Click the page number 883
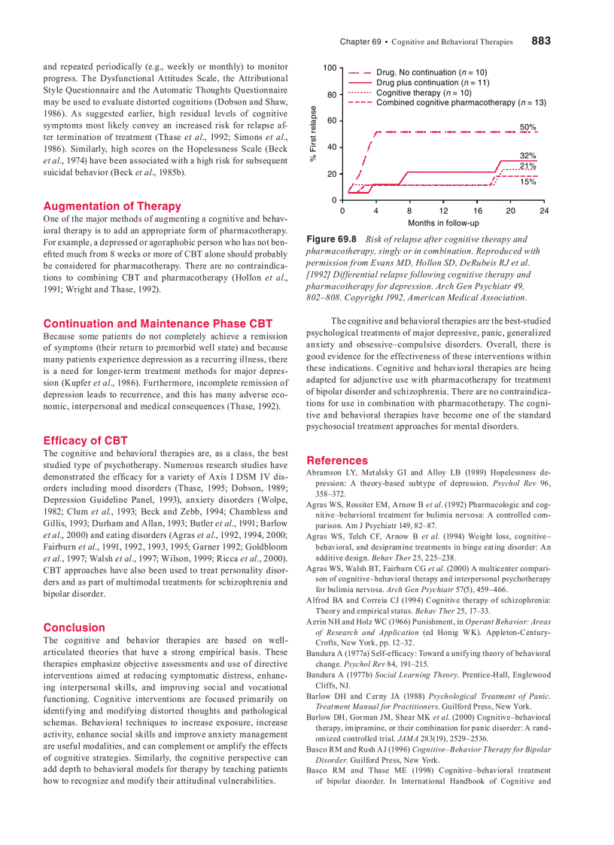(540, 41)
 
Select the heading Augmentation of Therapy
(112, 206)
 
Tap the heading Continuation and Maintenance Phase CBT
(158, 324)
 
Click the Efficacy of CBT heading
(86, 441)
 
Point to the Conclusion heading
(74, 628)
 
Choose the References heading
(337, 460)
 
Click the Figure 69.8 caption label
(332, 239)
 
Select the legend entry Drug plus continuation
(433, 83)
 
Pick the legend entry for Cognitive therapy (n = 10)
(424, 93)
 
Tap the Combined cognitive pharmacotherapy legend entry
(460, 102)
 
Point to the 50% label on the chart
(527, 127)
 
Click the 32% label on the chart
(527, 156)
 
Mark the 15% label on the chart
(527, 182)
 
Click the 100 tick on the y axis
(330, 68)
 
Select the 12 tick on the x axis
(443, 211)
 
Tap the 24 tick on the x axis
(544, 211)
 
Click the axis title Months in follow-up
(443, 223)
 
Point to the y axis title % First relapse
(314, 134)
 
